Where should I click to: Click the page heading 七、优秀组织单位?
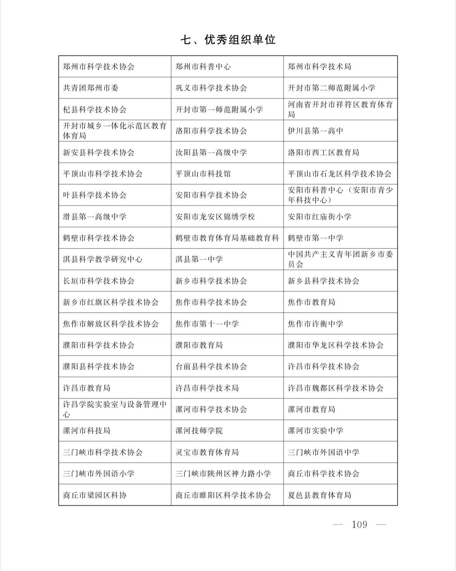click(x=228, y=40)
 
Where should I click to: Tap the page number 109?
click(x=359, y=525)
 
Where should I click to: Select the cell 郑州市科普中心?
click(x=203, y=67)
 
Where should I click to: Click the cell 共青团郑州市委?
click(x=91, y=88)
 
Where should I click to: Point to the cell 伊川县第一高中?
click(x=316, y=131)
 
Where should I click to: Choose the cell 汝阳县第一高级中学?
click(x=211, y=152)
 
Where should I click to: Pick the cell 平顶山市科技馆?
click(x=203, y=174)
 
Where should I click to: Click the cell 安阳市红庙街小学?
click(x=319, y=217)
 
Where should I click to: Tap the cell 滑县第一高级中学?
click(x=95, y=217)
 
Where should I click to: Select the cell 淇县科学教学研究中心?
click(x=102, y=259)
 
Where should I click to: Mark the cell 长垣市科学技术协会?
click(x=99, y=281)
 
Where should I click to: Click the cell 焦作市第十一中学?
click(x=207, y=324)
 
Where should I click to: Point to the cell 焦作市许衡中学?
click(x=316, y=324)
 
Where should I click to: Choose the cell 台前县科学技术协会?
click(x=211, y=366)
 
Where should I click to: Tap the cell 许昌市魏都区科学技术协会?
click(x=336, y=388)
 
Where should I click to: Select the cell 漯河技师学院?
click(x=199, y=431)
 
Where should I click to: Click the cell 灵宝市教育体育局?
click(x=207, y=452)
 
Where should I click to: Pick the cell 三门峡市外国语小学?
click(x=99, y=474)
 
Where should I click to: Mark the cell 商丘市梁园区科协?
click(x=95, y=495)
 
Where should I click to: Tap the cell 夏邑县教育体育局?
click(x=319, y=495)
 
